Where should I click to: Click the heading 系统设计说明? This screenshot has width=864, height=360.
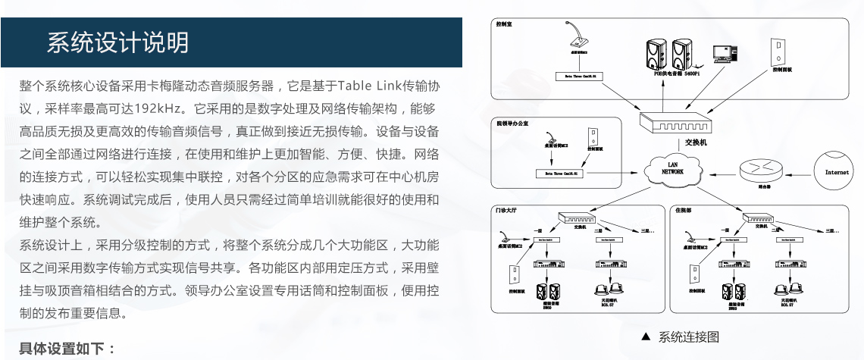(117, 42)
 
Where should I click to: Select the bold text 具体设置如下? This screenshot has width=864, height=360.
(66, 349)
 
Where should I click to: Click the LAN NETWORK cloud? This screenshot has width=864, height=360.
(672, 168)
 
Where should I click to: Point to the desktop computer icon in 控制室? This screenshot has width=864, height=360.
(726, 53)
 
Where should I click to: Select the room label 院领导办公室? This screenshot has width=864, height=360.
(513, 123)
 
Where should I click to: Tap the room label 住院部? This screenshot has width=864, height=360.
(684, 209)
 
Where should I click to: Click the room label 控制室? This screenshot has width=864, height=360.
(505, 23)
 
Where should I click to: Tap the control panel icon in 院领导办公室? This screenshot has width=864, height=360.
(596, 138)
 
